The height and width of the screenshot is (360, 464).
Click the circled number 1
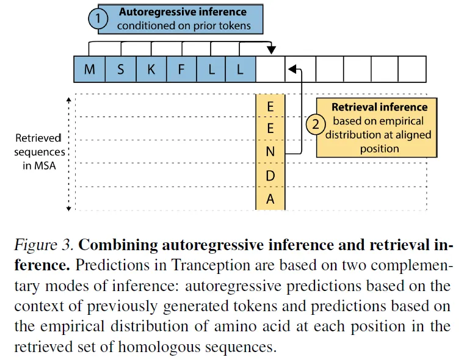(x=98, y=19)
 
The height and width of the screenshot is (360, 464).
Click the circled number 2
(x=316, y=125)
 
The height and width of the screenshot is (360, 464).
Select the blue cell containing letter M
(x=90, y=70)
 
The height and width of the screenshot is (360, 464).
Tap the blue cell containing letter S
(x=120, y=70)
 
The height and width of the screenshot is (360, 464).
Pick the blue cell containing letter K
(x=151, y=70)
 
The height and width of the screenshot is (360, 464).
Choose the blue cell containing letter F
(x=181, y=70)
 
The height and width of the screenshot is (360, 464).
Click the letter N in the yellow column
(x=270, y=151)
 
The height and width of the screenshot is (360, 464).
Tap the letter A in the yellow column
(x=270, y=199)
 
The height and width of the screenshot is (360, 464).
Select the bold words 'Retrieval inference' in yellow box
(x=379, y=107)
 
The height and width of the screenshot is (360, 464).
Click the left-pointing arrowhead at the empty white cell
(x=291, y=70)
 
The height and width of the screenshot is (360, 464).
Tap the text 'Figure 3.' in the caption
(x=44, y=246)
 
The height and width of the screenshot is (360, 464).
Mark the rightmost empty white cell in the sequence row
(x=412, y=70)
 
